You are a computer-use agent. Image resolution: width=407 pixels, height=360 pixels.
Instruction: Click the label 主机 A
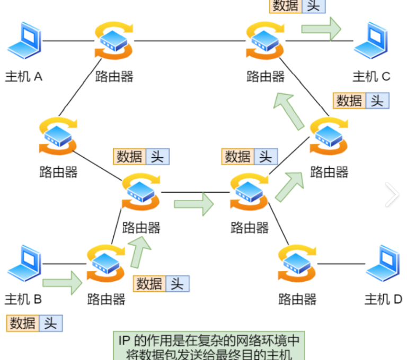coord(24,76)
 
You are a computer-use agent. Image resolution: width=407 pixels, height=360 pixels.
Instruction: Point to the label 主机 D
coord(383,300)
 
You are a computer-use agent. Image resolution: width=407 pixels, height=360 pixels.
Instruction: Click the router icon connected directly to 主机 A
coord(114,40)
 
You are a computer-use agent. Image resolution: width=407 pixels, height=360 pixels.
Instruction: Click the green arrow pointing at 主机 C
coord(321,29)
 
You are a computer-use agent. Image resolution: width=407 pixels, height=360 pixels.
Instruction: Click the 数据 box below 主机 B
coord(23,323)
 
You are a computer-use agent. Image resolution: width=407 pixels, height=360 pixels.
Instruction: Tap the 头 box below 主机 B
coord(50,323)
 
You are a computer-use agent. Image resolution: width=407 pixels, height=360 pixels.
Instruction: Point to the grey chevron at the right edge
coord(392,194)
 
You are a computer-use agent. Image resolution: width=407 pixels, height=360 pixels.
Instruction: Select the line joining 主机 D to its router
coord(341,263)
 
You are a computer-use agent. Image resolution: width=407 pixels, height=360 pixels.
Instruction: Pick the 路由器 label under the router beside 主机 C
coord(266,76)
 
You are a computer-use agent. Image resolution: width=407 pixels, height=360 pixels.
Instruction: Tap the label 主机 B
coord(23,300)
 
